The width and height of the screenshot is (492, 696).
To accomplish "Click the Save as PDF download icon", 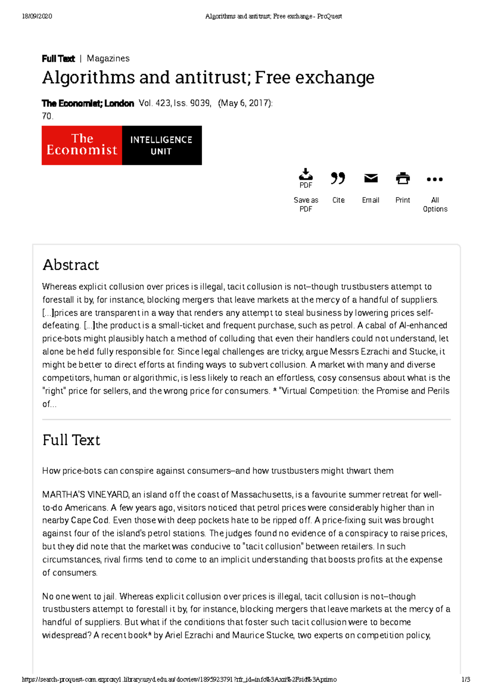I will [x=305, y=175].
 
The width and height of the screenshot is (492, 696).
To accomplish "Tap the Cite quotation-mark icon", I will [x=338, y=178].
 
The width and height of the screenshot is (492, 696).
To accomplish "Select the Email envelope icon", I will [x=371, y=178].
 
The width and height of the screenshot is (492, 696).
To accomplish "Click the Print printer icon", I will [x=403, y=178].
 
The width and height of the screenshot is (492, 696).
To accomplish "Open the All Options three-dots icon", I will [x=435, y=179].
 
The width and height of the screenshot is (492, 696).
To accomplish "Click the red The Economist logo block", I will [x=82, y=145].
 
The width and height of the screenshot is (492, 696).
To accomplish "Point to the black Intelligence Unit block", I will [x=162, y=145].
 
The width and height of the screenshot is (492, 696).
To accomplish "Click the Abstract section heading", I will [x=71, y=265].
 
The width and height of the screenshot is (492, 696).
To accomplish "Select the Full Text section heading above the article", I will [x=71, y=440].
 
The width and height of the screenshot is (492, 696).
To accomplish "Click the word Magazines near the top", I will [x=108, y=58].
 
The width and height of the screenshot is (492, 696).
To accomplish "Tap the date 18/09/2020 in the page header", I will [x=37, y=16].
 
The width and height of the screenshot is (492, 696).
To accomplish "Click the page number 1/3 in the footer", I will [x=466, y=680].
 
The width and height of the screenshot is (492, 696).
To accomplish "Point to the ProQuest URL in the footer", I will [x=179, y=680].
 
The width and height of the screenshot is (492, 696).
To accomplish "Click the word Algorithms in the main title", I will [x=89, y=78].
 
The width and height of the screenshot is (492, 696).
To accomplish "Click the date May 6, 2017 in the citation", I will [x=245, y=103].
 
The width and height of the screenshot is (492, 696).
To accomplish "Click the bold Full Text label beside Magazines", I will [x=58, y=59].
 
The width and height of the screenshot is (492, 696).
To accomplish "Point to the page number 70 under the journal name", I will [x=47, y=116].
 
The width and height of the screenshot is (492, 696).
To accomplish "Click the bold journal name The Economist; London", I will [x=88, y=103].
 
